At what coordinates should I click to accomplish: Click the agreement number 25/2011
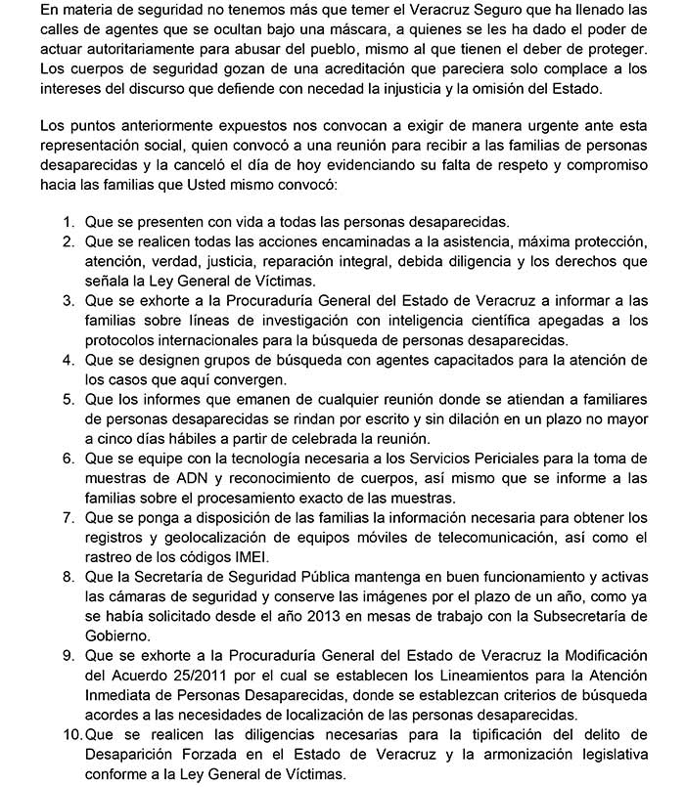click(x=221, y=677)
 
